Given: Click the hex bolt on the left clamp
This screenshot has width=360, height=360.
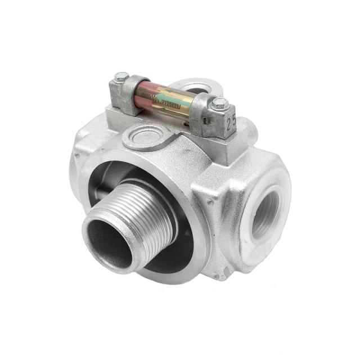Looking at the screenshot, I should (x=121, y=76).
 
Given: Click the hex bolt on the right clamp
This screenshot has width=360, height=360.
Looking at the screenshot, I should (x=220, y=103).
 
